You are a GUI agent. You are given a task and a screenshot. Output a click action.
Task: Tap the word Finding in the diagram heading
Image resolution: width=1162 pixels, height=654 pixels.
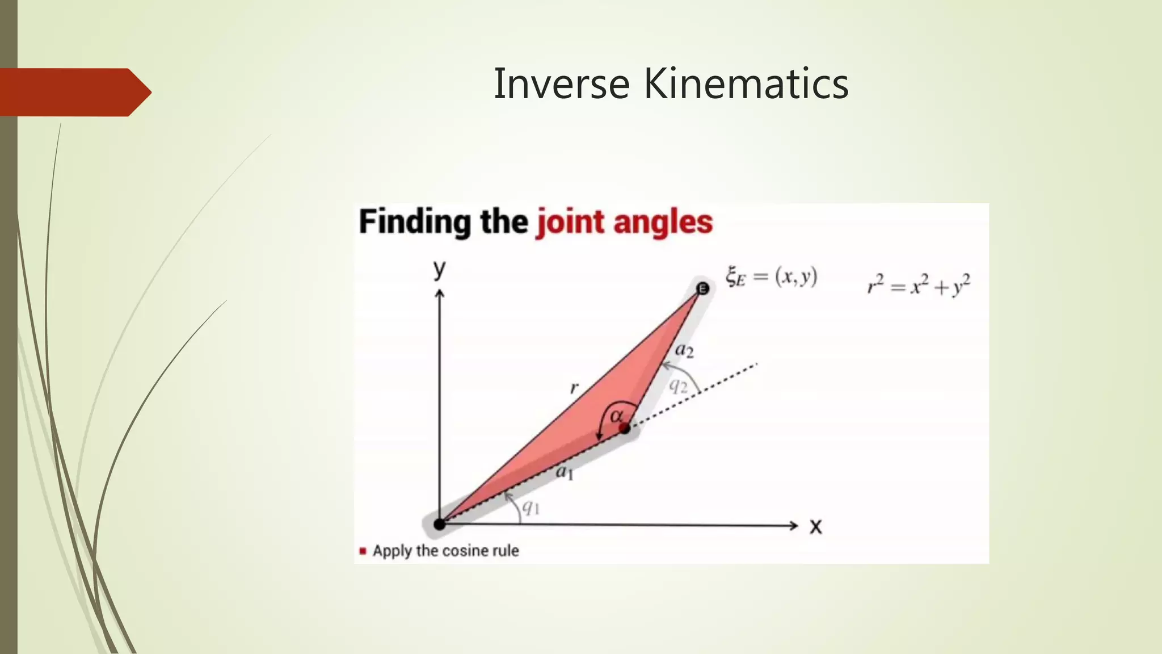coord(415,223)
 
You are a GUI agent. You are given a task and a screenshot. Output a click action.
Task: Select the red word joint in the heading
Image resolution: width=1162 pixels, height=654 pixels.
coord(570,223)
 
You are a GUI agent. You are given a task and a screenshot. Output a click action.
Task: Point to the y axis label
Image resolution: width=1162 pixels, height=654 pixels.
coord(439,269)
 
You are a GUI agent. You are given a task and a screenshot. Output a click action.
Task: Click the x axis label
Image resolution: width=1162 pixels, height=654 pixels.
coord(815,527)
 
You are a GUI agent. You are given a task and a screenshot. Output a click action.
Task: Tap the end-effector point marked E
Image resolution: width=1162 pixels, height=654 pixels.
coord(702,289)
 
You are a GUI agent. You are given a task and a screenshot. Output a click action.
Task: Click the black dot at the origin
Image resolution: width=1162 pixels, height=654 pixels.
coord(439,524)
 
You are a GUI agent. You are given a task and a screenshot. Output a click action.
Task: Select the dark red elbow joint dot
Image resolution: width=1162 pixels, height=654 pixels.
coord(625,428)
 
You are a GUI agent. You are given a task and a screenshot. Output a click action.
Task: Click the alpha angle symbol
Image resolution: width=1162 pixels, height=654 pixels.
coord(616,416)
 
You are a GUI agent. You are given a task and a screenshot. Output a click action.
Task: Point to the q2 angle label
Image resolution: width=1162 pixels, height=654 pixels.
coord(678,387)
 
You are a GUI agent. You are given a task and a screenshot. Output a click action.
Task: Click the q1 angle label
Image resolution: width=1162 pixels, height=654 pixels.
coord(531,507)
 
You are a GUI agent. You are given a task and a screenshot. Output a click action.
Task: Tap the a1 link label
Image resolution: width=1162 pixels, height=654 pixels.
coord(565,471)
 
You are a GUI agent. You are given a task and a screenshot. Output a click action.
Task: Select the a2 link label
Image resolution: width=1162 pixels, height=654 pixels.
coord(684,350)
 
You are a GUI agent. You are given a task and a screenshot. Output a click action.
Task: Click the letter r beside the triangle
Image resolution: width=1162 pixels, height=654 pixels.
coord(574,388)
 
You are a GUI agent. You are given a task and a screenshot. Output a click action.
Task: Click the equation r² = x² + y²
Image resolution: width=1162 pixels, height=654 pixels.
coord(919,285)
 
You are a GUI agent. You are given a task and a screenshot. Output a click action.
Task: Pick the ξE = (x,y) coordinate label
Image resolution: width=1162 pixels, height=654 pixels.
coord(771,277)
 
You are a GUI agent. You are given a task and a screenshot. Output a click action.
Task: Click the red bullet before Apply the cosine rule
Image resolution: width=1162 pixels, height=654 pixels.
coord(363,551)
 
